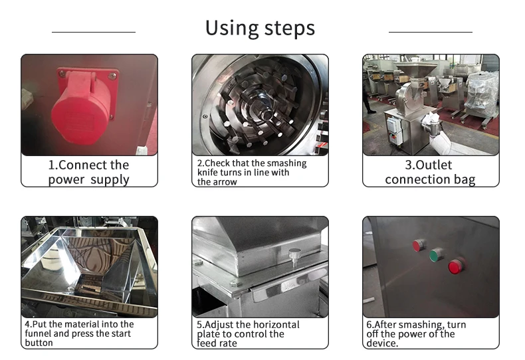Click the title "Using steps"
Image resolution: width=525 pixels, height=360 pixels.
[260, 28]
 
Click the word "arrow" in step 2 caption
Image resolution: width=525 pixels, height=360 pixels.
[224, 182]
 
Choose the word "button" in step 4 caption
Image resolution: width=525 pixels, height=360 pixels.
[39, 343]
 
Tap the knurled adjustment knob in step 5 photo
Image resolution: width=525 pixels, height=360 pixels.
[295, 254]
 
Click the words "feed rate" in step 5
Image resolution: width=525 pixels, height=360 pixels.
[218, 343]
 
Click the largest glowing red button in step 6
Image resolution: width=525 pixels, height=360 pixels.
[455, 266]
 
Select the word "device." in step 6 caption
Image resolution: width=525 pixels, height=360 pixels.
[382, 343]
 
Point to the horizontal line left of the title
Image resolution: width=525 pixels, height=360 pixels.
[93, 31]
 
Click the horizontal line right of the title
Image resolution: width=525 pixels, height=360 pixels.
[430, 31]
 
